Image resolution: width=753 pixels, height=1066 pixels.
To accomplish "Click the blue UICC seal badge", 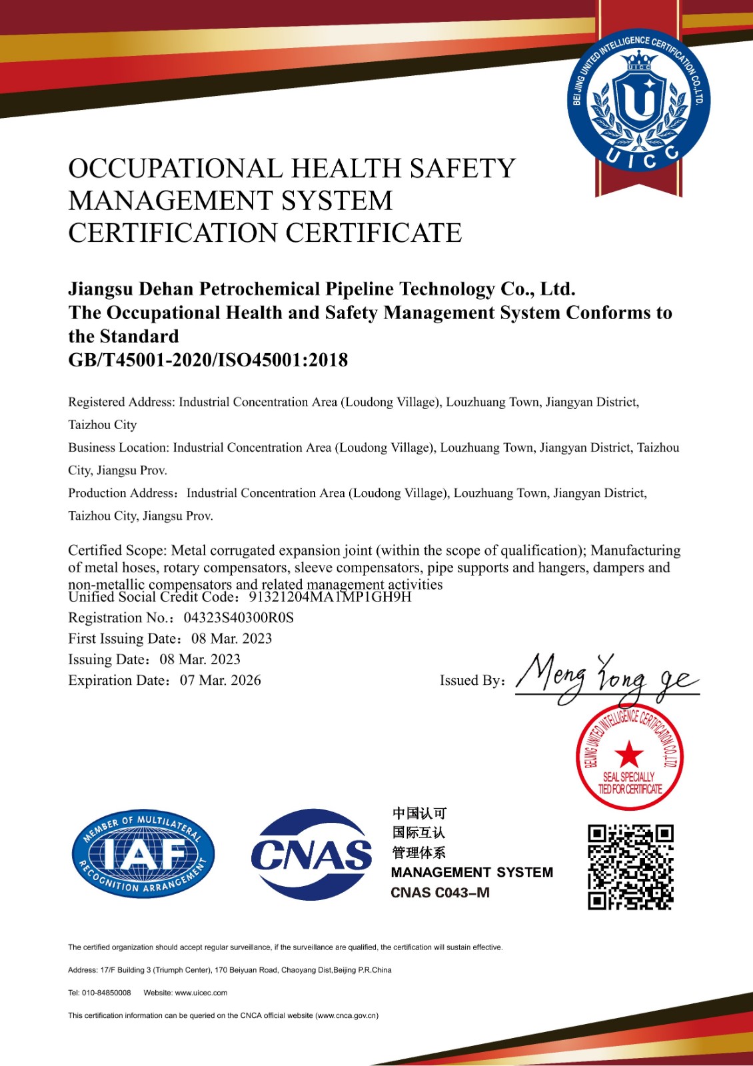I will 638,100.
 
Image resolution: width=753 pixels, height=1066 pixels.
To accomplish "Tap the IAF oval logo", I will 143,853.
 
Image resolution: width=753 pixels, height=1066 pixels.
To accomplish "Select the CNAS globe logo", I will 311,854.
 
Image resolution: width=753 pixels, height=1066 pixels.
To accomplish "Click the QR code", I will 630,867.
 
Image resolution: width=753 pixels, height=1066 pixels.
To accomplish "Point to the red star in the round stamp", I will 629,756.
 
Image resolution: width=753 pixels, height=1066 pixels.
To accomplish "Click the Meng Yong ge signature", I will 606,677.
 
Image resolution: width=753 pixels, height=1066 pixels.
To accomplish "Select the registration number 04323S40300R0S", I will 239,618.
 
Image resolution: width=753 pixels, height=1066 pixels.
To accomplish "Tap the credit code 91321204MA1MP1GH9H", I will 330,597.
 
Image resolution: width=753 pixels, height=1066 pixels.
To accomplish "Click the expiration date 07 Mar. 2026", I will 220,680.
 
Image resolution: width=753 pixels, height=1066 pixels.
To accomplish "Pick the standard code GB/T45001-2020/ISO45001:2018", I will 208,360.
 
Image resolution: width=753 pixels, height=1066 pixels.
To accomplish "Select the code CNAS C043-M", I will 440,893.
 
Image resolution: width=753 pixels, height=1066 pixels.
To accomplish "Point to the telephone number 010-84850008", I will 107,993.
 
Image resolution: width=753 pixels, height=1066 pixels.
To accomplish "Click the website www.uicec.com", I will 201,993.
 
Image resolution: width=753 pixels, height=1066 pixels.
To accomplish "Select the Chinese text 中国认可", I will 419,813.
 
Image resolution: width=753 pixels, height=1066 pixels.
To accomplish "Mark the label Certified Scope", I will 117,550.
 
